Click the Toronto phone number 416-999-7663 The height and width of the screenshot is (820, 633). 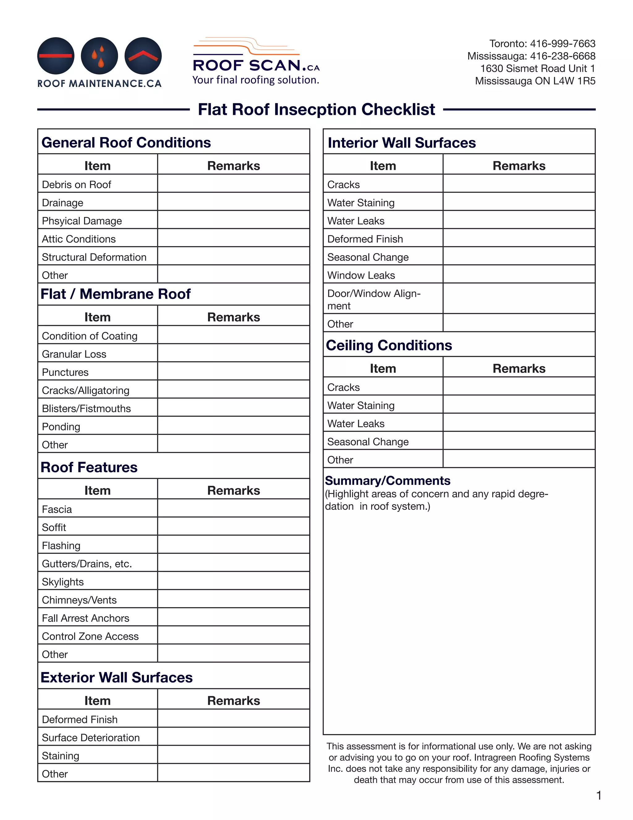[x=562, y=44]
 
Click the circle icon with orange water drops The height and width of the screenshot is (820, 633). [x=100, y=56]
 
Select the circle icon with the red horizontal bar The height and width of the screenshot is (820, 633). [x=56, y=56]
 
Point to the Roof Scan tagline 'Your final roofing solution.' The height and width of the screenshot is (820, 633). [x=256, y=80]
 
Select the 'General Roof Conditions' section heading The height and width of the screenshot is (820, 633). [x=126, y=143]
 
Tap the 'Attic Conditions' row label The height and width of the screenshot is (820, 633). [x=79, y=239]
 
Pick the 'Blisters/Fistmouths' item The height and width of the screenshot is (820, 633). [x=86, y=408]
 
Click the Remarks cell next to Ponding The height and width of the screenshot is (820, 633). [x=233, y=426]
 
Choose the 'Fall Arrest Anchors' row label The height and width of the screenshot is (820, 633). [x=86, y=618]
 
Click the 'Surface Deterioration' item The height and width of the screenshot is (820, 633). [x=91, y=737]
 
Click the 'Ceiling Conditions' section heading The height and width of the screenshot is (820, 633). [x=389, y=345]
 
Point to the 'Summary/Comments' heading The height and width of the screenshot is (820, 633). [x=387, y=481]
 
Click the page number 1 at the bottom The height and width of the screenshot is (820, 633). [x=599, y=795]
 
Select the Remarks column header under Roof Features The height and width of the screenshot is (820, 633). [x=233, y=490]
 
